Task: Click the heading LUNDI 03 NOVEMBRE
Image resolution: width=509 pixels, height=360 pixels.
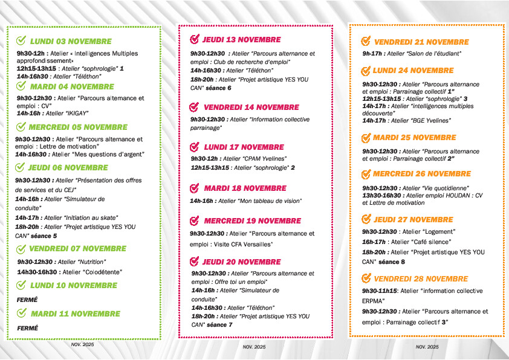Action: pyautogui.click(x=71, y=42)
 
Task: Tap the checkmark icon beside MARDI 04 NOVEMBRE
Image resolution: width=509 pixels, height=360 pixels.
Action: pyautogui.click(x=21, y=86)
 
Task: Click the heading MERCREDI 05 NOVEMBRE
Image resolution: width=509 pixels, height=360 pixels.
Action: pyautogui.click(x=78, y=127)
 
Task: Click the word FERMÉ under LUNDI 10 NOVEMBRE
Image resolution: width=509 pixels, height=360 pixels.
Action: pyautogui.click(x=27, y=299)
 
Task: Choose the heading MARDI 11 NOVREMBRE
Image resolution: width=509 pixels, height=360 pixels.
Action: pyautogui.click(x=75, y=313)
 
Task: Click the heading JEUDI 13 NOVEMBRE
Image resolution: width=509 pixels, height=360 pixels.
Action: pyautogui.click(x=241, y=40)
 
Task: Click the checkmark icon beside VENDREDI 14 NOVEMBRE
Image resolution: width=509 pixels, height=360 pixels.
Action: pyautogui.click(x=194, y=107)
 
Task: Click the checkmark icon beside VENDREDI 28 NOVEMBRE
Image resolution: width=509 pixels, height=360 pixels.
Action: pyautogui.click(x=366, y=278)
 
